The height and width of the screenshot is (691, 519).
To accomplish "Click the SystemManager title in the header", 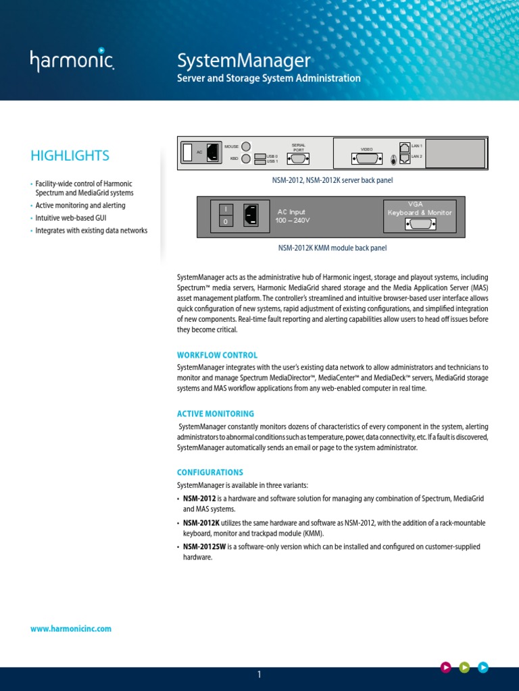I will pyautogui.click(x=243, y=61).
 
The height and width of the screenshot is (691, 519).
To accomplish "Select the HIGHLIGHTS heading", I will pyautogui.click(x=70, y=156).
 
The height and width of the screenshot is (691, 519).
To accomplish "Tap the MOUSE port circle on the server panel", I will pyautogui.click(x=246, y=146).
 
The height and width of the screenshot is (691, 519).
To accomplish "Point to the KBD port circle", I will pyautogui.click(x=246, y=159).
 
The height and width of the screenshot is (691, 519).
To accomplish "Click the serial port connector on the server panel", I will pyautogui.click(x=298, y=159).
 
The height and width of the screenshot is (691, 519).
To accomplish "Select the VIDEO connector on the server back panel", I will pyautogui.click(x=367, y=159).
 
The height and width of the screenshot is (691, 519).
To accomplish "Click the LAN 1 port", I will pyautogui.click(x=404, y=146).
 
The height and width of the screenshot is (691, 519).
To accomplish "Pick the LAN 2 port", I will pyautogui.click(x=404, y=158).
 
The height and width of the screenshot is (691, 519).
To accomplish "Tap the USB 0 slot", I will pyautogui.click(x=260, y=156).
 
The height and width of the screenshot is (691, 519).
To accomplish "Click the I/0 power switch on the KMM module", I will pyautogui.click(x=226, y=215).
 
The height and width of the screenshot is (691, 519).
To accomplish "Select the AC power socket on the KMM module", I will pyautogui.click(x=251, y=215).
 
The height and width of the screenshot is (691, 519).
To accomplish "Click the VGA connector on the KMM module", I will pyautogui.click(x=419, y=225).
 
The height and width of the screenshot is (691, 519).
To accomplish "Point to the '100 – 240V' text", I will pyautogui.click(x=293, y=221).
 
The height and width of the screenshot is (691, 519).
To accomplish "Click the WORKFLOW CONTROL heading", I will pyautogui.click(x=217, y=355).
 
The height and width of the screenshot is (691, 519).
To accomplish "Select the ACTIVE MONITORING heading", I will pyautogui.click(x=216, y=414).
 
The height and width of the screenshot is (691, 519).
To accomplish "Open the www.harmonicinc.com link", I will pyautogui.click(x=71, y=628).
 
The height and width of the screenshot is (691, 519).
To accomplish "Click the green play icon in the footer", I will pyautogui.click(x=464, y=667).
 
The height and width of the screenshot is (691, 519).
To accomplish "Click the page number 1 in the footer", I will pyautogui.click(x=259, y=674).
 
